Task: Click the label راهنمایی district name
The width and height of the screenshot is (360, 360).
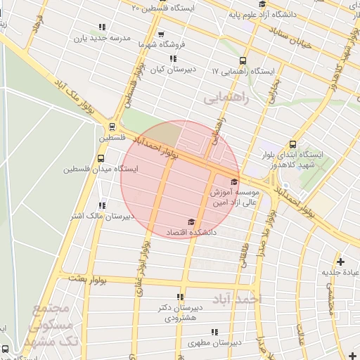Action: pos(227,98)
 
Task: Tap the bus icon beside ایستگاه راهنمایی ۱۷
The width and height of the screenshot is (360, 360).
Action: pos(243,61)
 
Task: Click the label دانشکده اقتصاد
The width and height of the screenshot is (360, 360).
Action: pos(190,231)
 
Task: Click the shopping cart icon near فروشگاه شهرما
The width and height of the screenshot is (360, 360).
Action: pos(161,34)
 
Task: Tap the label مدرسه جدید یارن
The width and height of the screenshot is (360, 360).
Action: pos(105,39)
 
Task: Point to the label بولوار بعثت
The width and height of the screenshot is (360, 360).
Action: pos(87,279)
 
